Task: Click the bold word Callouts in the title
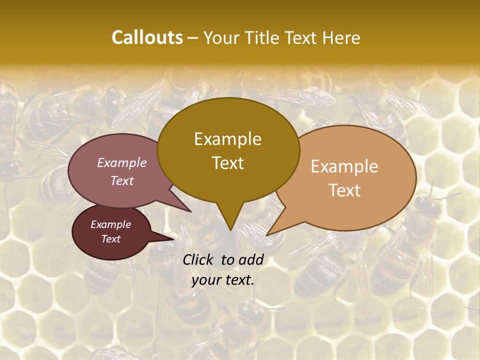[147, 37]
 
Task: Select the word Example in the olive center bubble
[227, 139]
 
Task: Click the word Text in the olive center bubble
[227, 163]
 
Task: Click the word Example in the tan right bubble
[344, 166]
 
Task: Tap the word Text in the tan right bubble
[344, 190]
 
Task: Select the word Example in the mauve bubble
[122, 162]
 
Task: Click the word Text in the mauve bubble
[122, 180]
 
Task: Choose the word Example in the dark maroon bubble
[110, 224]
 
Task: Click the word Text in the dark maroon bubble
[110, 239]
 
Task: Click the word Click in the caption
[199, 259]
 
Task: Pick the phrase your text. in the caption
[222, 280]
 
